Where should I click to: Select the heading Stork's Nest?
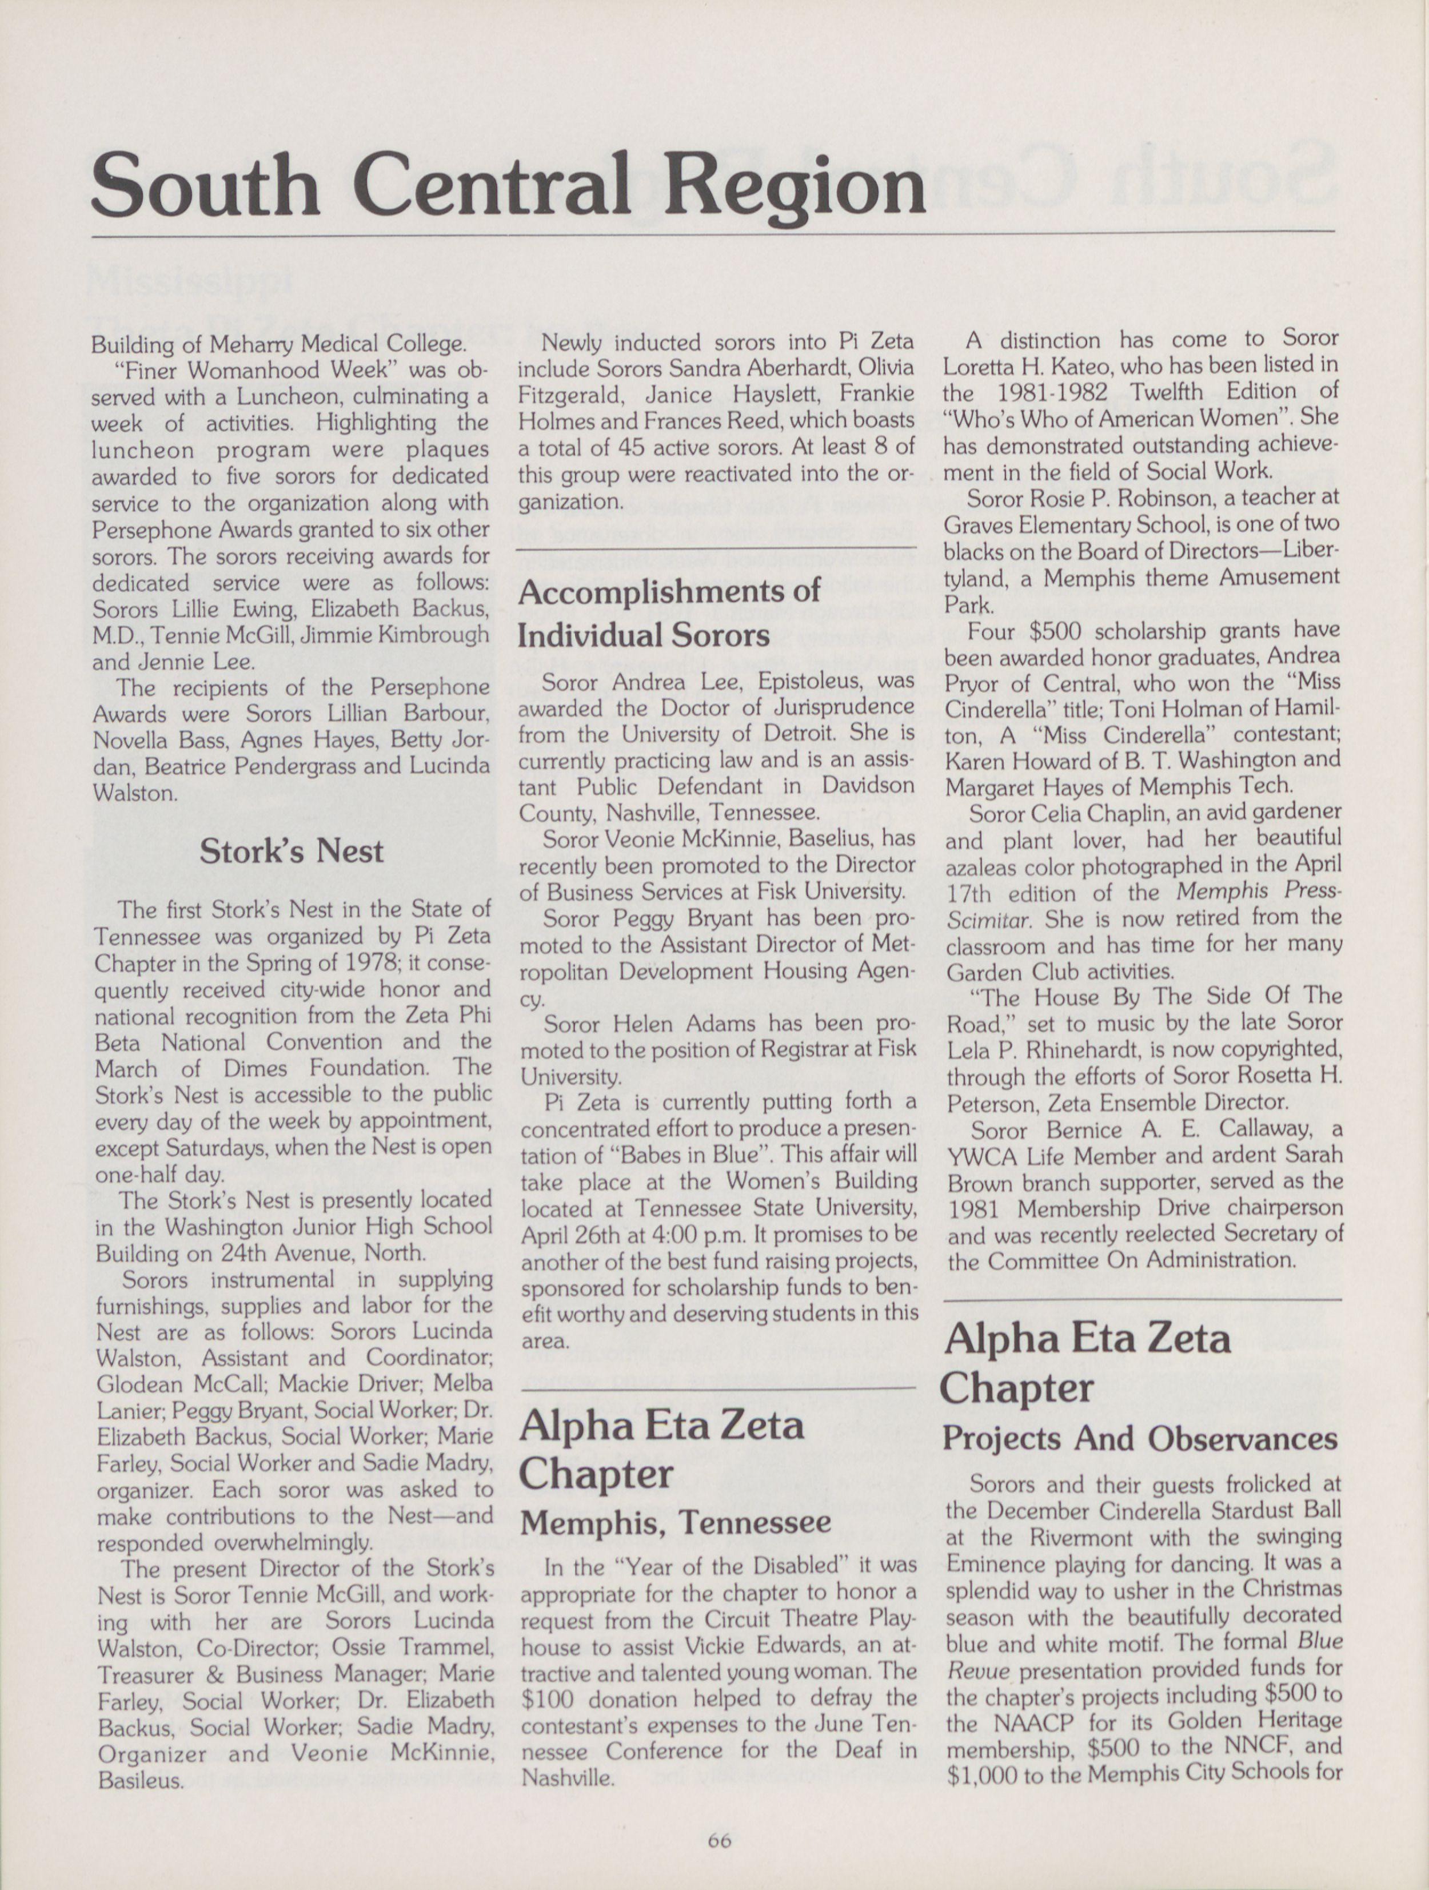pos(292,851)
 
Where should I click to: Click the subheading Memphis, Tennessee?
pos(676,1522)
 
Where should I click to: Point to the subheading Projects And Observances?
pos(1139,1439)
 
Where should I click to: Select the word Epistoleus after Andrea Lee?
pos(804,681)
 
